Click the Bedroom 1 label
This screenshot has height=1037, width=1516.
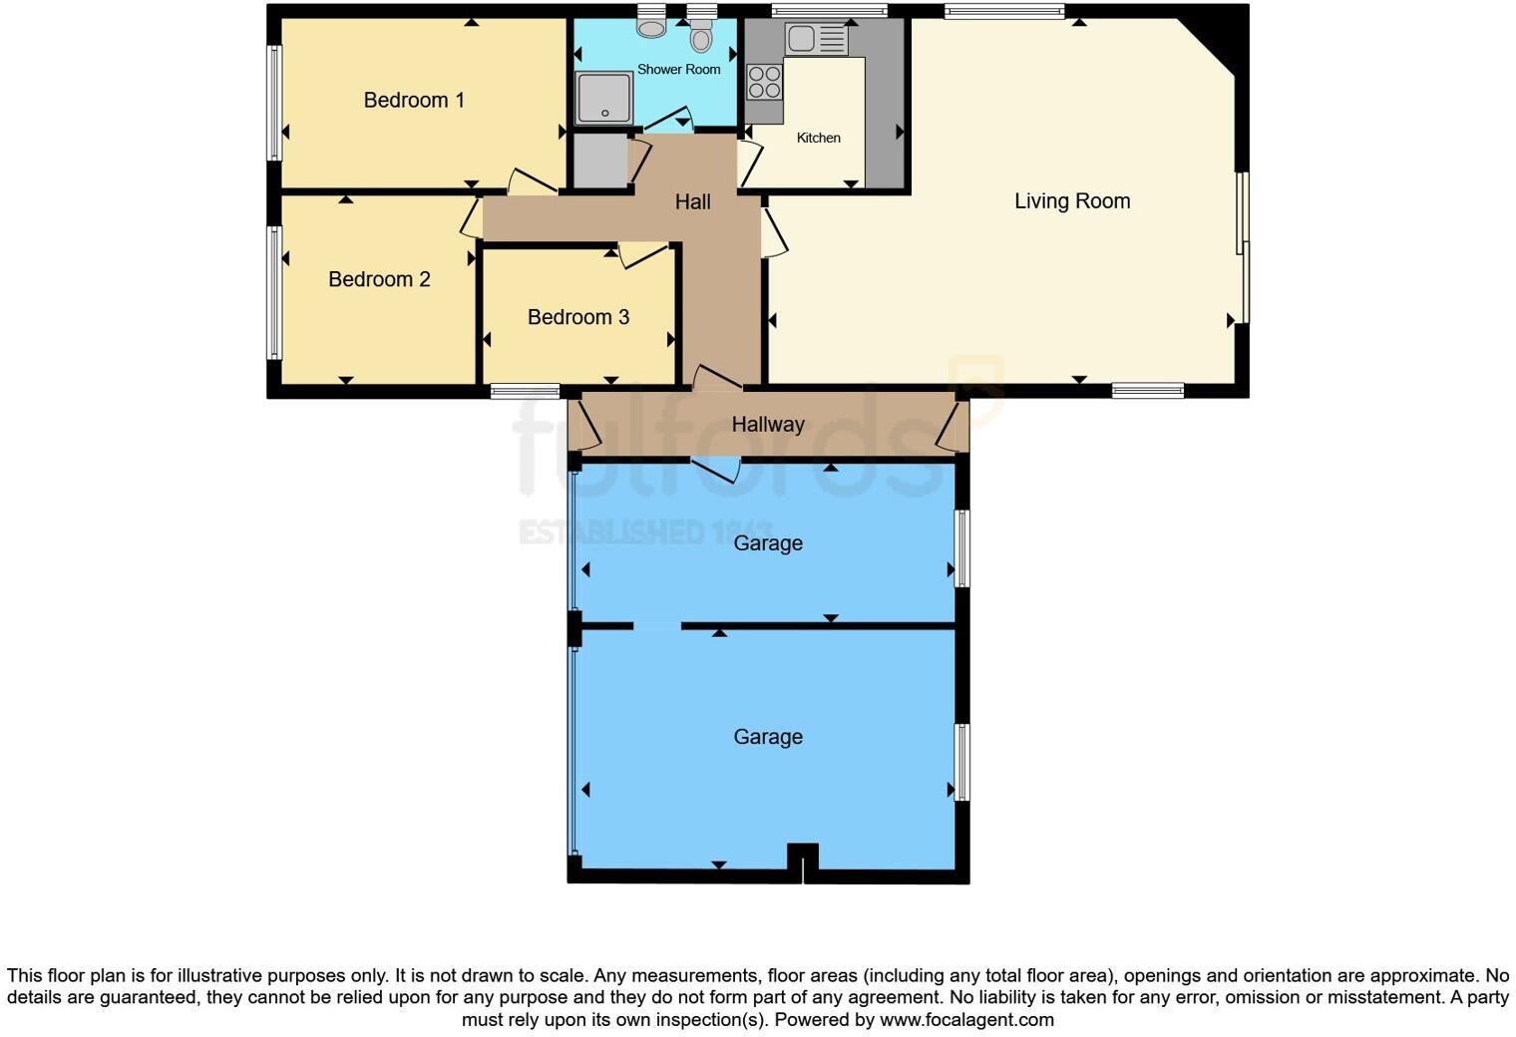point(414,100)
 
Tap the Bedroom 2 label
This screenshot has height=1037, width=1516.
point(379,279)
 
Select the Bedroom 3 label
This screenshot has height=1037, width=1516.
point(578,317)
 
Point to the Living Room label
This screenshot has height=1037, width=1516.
point(1072,201)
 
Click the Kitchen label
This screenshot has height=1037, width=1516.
point(818,138)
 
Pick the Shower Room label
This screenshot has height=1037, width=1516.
point(678,70)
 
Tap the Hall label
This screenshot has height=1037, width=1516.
point(692,202)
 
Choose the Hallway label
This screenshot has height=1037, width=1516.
point(768,425)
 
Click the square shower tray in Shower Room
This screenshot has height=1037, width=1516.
point(604,97)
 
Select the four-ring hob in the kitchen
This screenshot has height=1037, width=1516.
point(765,82)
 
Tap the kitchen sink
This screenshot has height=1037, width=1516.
point(816,40)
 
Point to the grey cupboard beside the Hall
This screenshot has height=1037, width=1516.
point(599,161)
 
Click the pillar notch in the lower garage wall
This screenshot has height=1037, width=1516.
point(803,860)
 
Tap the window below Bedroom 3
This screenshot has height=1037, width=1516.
point(525,392)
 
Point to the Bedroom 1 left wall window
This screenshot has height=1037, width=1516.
point(274,103)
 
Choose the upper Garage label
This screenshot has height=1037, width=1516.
point(768,543)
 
